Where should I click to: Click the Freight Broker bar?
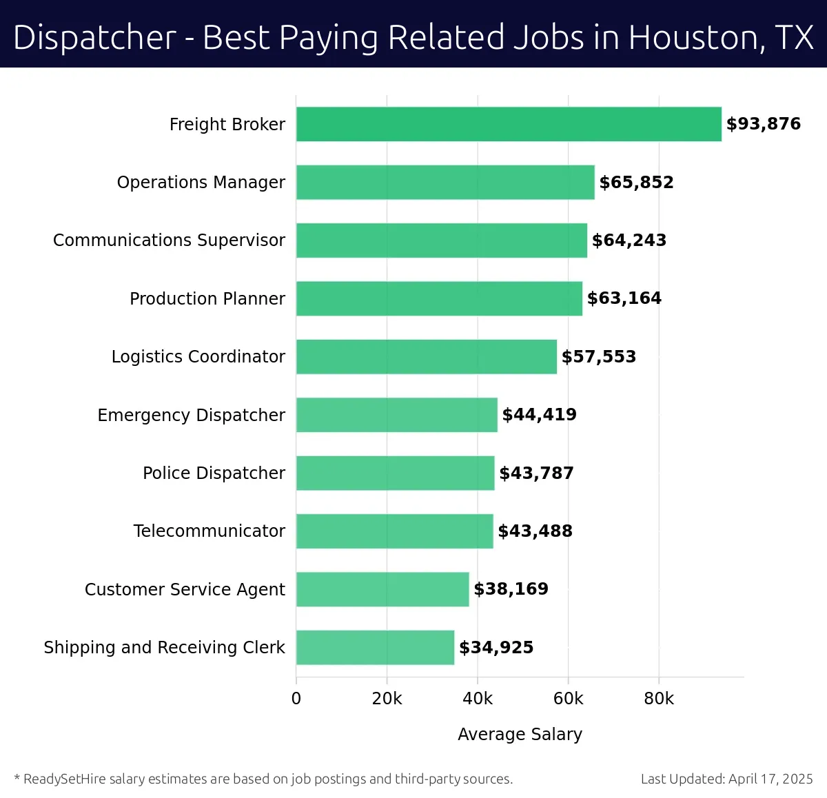point(509,124)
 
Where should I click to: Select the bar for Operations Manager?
point(445,182)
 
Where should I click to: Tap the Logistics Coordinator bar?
point(427,356)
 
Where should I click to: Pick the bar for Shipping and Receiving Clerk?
point(375,647)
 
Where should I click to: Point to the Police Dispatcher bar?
point(395,473)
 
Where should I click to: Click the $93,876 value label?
point(763,124)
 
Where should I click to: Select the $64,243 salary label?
point(629,241)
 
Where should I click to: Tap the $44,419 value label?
point(539,415)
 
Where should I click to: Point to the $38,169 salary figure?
point(511,589)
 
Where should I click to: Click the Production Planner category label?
point(207,298)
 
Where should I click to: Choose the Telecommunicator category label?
point(209,531)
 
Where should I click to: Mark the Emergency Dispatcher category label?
point(191,415)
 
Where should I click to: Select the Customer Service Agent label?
point(184,589)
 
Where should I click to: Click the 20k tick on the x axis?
point(387,699)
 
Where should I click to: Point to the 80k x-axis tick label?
point(658,699)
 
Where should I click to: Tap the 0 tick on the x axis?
point(296,699)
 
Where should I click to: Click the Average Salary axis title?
point(520,734)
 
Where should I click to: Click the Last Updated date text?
point(726,779)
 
